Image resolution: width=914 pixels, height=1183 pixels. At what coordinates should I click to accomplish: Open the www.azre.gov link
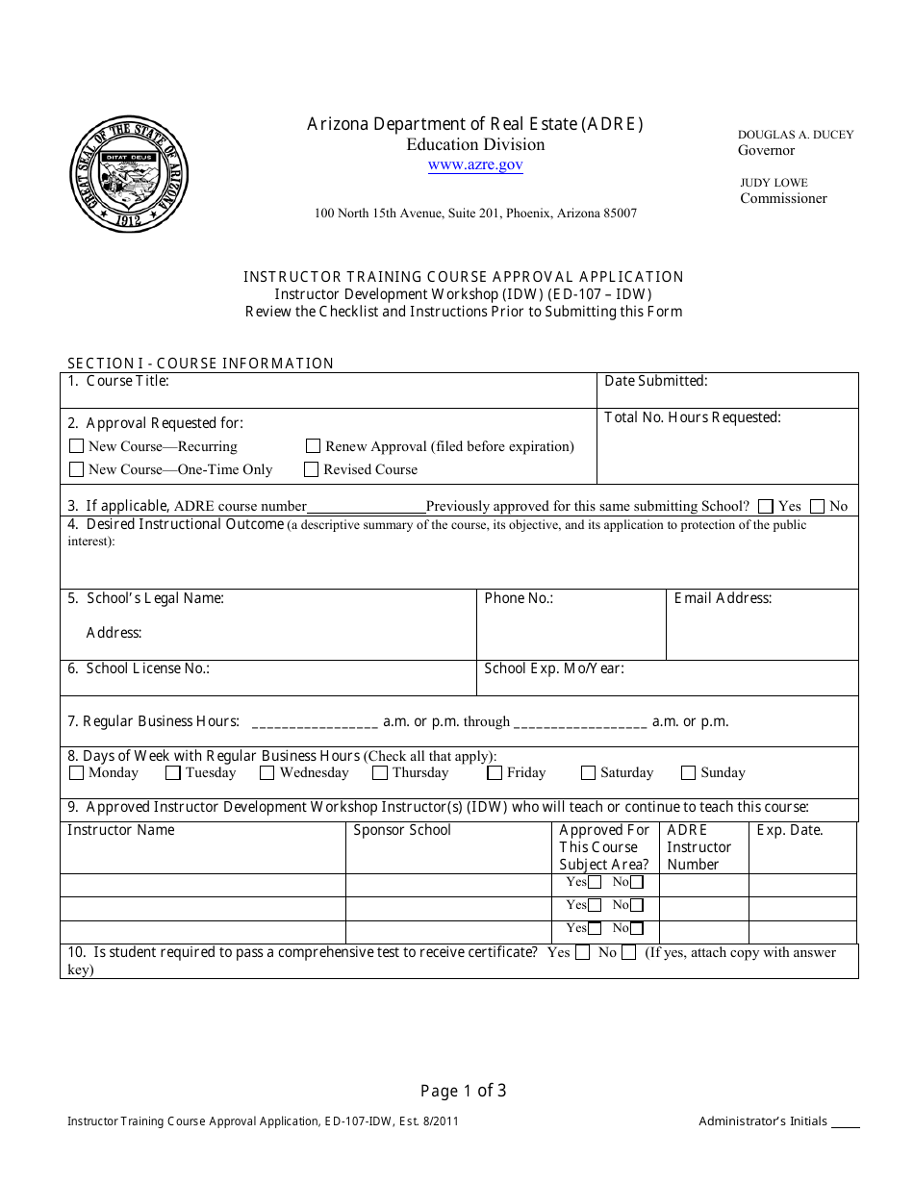pyautogui.click(x=475, y=165)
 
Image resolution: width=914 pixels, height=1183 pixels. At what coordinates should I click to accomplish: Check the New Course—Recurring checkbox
pyautogui.click(x=77, y=446)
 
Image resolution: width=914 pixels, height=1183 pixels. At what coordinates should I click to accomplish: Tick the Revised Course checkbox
pyautogui.click(x=311, y=469)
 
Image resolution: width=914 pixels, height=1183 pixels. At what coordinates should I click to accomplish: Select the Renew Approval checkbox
pyautogui.click(x=313, y=446)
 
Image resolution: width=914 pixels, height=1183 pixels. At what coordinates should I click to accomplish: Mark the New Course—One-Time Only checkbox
pyautogui.click(x=77, y=469)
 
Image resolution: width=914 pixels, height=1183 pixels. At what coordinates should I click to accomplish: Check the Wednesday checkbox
pyautogui.click(x=267, y=773)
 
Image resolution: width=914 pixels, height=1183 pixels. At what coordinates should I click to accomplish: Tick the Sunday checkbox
pyautogui.click(x=688, y=773)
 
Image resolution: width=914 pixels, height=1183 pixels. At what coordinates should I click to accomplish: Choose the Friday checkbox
pyautogui.click(x=495, y=773)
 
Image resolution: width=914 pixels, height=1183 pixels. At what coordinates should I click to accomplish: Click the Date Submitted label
pyautogui.click(x=655, y=381)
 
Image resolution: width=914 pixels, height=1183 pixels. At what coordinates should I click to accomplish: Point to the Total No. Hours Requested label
pyautogui.click(x=692, y=417)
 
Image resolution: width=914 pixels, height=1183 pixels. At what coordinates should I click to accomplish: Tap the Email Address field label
pyautogui.click(x=723, y=598)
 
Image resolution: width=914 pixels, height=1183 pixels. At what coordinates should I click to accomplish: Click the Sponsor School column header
pyautogui.click(x=402, y=830)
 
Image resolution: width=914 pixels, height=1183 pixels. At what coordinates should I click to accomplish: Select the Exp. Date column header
pyautogui.click(x=790, y=830)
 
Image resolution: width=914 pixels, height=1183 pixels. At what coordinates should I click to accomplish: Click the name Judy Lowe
pyautogui.click(x=774, y=183)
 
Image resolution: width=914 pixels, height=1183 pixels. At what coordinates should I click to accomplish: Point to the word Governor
pyautogui.click(x=766, y=151)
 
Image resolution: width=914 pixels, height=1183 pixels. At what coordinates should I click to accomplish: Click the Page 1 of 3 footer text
pyautogui.click(x=463, y=1091)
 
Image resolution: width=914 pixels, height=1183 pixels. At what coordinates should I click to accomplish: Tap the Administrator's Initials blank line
pyautogui.click(x=845, y=1123)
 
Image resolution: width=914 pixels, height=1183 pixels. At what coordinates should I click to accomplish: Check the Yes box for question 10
pyautogui.click(x=582, y=953)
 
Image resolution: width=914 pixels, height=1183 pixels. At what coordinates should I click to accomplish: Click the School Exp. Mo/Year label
pyautogui.click(x=553, y=668)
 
